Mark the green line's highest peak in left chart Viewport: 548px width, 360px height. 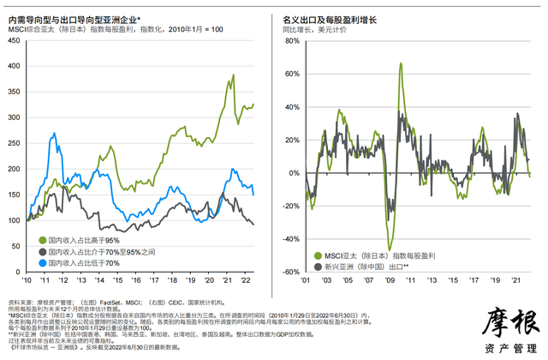pos(233,75)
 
